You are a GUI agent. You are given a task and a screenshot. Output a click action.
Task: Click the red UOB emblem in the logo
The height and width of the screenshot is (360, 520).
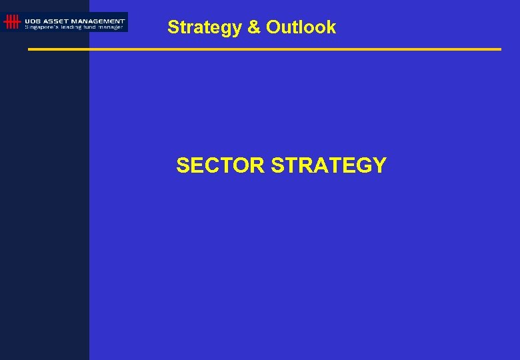point(11,22)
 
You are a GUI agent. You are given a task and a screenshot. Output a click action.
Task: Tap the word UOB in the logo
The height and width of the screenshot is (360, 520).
point(32,21)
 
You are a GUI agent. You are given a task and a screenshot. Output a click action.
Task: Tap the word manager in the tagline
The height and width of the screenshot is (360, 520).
point(111,27)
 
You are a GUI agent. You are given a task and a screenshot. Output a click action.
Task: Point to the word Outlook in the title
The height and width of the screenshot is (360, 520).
point(301,27)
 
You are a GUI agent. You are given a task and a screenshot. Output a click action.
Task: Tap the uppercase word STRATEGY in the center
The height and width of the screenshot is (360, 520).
point(329,165)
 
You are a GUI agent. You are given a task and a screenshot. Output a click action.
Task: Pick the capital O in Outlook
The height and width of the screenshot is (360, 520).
point(273,27)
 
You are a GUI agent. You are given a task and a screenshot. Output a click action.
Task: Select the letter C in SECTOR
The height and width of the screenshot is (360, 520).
point(209,165)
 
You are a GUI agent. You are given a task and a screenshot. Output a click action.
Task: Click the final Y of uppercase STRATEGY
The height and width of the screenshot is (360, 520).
point(379,165)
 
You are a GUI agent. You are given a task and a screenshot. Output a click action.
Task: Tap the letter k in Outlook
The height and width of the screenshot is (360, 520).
point(331,27)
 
